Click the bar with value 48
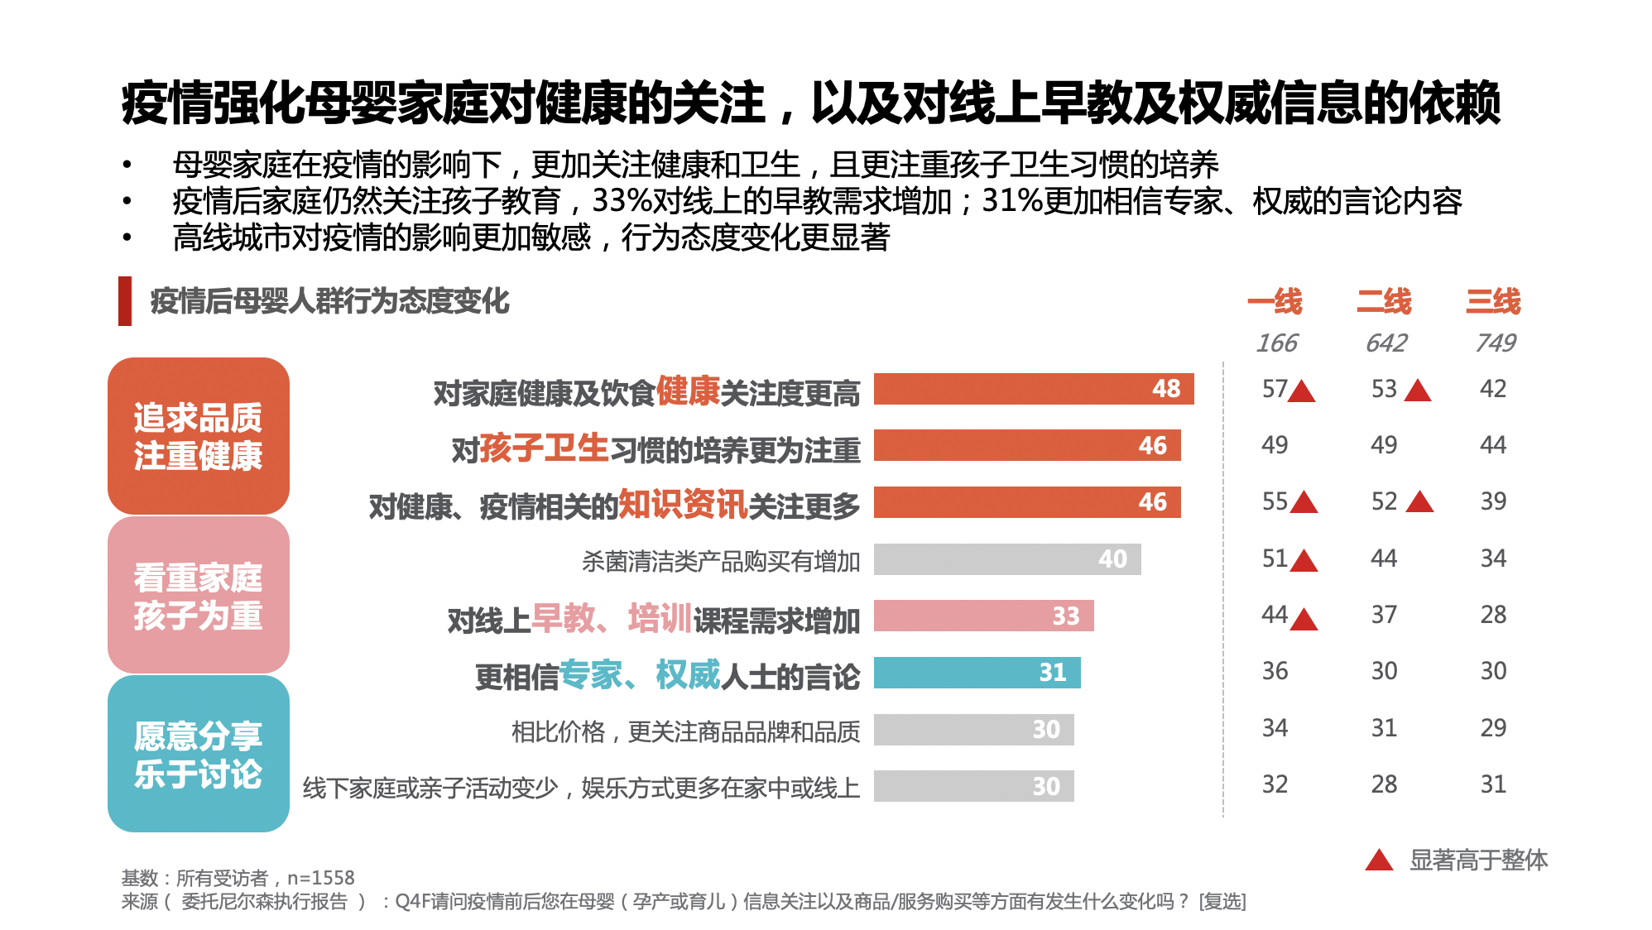pos(1033,389)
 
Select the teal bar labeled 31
pos(977,673)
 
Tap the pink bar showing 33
pos(983,616)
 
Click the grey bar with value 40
pos(1006,559)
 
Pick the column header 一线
pos(1275,301)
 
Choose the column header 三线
pos(1493,301)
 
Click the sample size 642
pos(1385,343)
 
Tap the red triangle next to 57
pos(1302,391)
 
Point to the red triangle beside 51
pos(1304,561)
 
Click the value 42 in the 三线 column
pos(1493,389)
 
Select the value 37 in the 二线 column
pos(1384,615)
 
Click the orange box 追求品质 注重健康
pos(199,436)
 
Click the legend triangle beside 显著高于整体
pos(1379,860)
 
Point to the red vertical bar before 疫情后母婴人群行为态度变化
pos(125,301)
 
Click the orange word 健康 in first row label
pos(688,391)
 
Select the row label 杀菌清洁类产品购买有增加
pos(720,562)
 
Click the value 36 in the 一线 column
pos(1275,671)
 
